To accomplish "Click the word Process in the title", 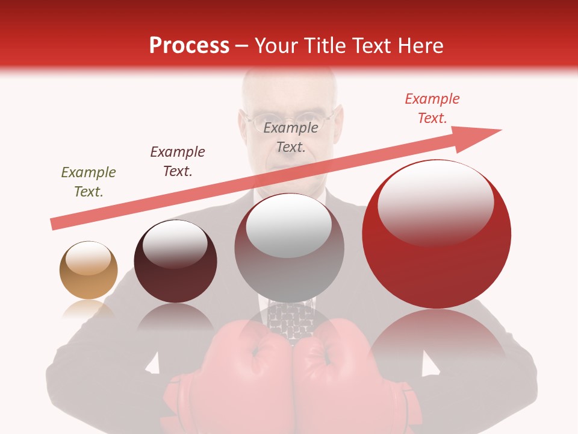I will tap(189, 46).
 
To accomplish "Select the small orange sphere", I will tap(89, 270).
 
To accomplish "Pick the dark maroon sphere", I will tap(175, 262).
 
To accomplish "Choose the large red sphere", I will tap(437, 234).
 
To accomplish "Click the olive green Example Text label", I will tap(89, 182).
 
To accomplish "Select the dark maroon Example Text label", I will tap(178, 162).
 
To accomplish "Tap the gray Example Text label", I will tap(291, 137).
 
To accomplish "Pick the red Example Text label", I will tap(432, 108).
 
